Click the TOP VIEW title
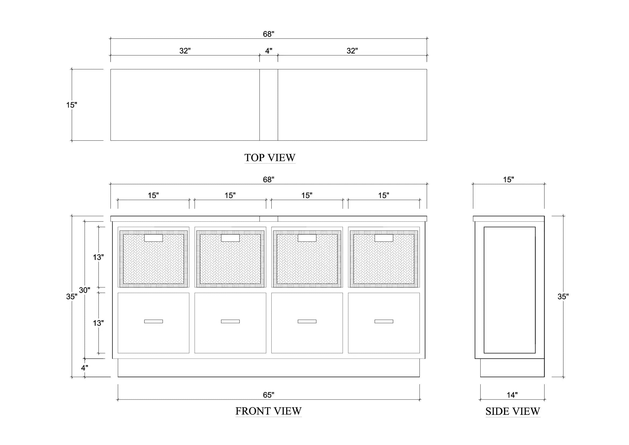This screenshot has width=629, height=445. (270, 158)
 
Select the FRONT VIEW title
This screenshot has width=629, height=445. (268, 411)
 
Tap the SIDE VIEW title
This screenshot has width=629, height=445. (513, 411)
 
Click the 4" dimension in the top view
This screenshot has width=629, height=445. (268, 51)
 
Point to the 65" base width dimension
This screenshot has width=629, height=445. (268, 395)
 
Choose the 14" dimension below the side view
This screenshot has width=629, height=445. (512, 395)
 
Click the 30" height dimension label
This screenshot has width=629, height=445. (84, 290)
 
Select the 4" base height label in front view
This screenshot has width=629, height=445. (84, 368)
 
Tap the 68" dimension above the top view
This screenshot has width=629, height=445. (268, 34)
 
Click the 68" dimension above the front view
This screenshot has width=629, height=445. (268, 179)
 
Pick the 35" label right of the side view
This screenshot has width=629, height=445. (563, 296)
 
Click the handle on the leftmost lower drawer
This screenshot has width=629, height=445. (153, 322)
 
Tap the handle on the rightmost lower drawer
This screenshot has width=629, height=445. (384, 322)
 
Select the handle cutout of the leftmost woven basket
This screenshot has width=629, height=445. (153, 238)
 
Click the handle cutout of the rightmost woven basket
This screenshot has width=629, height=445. (384, 238)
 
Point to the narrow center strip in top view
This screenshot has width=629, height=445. (269, 105)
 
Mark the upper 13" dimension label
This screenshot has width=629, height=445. (98, 257)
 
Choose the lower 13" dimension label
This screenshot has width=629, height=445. (98, 323)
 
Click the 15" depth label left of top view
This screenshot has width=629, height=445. (72, 105)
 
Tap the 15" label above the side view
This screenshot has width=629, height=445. (509, 179)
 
